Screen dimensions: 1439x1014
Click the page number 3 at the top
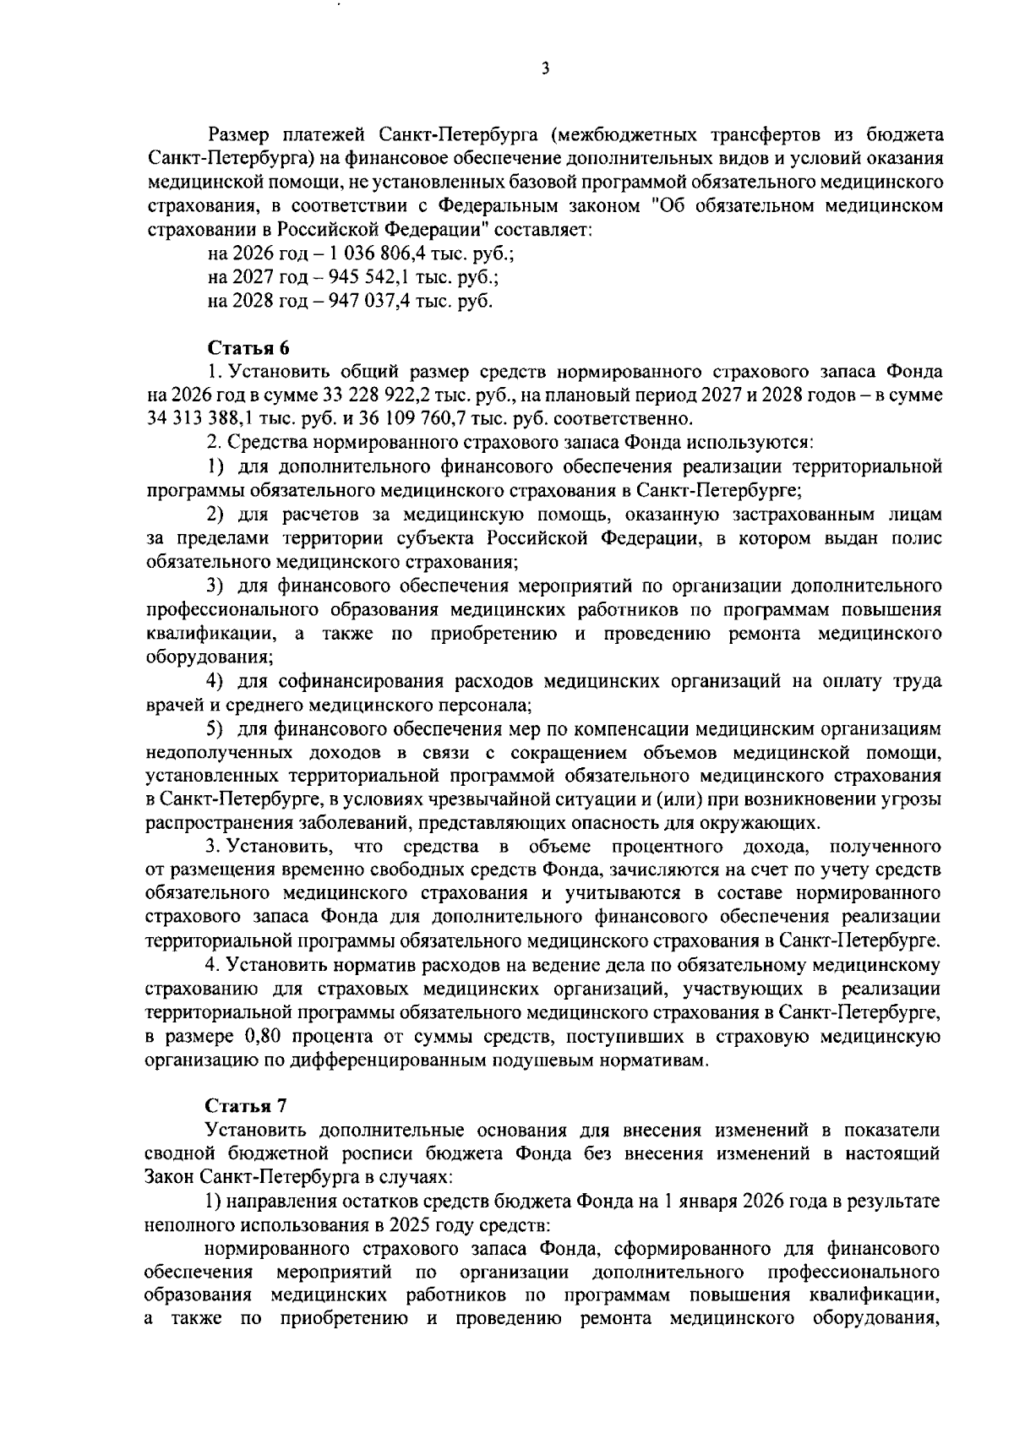545,69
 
